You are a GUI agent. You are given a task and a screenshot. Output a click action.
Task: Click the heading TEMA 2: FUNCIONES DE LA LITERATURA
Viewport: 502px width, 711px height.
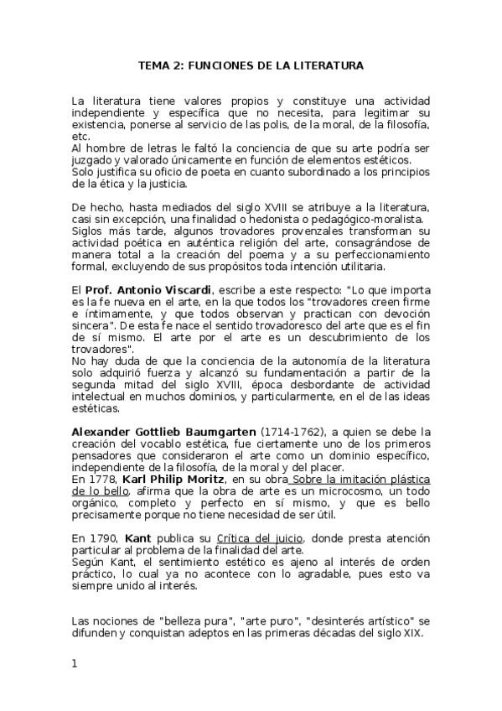251,64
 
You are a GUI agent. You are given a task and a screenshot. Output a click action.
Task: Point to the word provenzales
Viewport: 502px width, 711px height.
277,230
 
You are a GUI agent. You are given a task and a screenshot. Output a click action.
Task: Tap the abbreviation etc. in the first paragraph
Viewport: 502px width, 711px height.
80,136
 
